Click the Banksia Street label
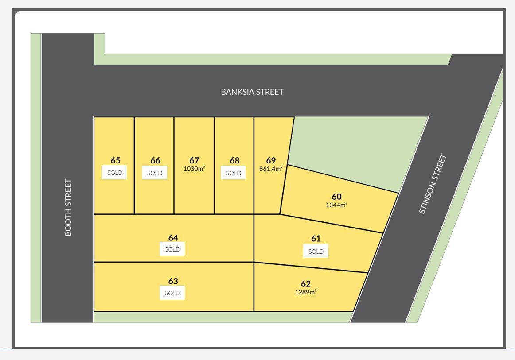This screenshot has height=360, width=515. coord(252,92)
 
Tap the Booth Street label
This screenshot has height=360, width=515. coord(68,207)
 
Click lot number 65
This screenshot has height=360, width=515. coord(116,160)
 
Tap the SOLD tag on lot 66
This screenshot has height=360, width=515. coord(155,173)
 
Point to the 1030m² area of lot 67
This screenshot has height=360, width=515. coord(194,169)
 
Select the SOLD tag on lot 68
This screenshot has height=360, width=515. coord(234,173)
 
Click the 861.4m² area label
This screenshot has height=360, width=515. coord(271,169)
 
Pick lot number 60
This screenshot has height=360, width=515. coord(337,197)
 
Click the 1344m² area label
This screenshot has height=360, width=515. coord(337,205)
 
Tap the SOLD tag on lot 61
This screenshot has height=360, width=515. coord(316,252)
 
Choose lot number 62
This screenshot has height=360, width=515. coord(306,284)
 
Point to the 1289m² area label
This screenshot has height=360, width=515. coord(306,292)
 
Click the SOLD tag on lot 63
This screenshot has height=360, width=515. coord(172,293)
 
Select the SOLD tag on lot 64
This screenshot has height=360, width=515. coord(172,249)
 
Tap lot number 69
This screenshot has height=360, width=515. coord(271,160)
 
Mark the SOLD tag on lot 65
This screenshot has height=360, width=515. coord(115,173)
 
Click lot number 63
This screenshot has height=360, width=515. coord(173,281)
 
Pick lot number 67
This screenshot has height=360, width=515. coord(194,160)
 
